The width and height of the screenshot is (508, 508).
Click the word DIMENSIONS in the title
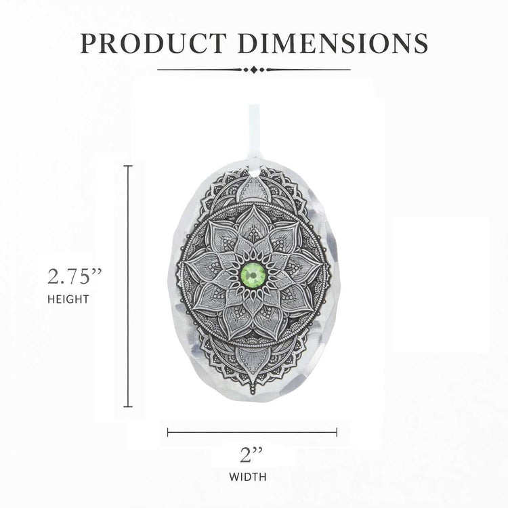pos(333,43)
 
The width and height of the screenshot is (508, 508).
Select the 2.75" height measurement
pos(75,276)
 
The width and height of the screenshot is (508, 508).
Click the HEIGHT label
pos(68,299)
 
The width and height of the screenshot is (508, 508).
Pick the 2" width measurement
pos(251,455)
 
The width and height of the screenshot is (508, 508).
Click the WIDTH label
pos(248,477)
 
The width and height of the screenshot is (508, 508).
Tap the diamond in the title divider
pos(254,69)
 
